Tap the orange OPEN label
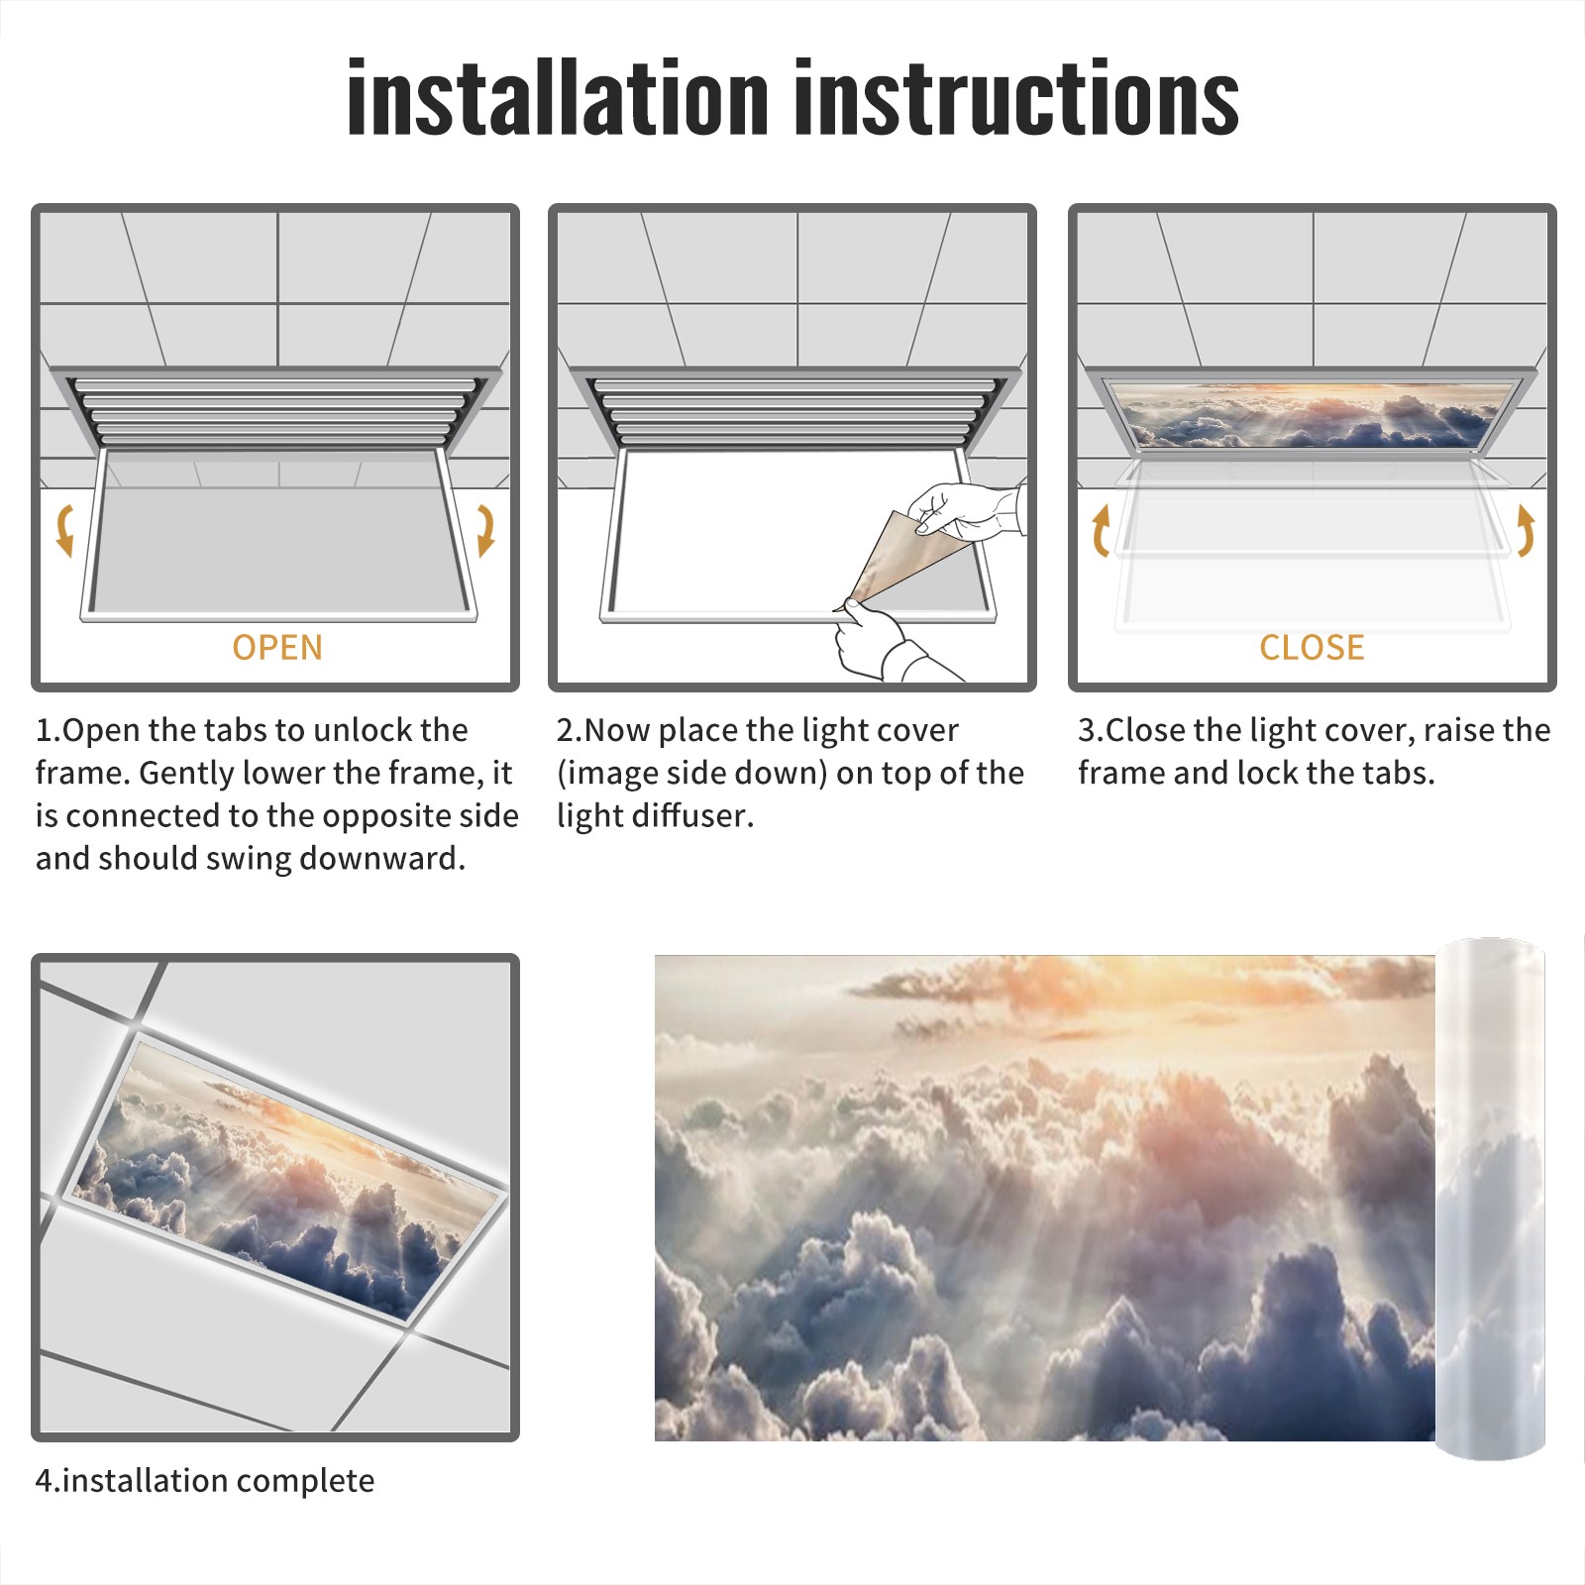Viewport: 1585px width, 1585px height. [x=277, y=647]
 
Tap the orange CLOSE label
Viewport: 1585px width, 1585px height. [x=1312, y=647]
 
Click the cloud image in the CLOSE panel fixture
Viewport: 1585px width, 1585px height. [x=1312, y=414]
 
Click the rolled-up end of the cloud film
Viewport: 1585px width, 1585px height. [x=1490, y=1199]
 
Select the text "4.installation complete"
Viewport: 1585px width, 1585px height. [x=205, y=1481]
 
